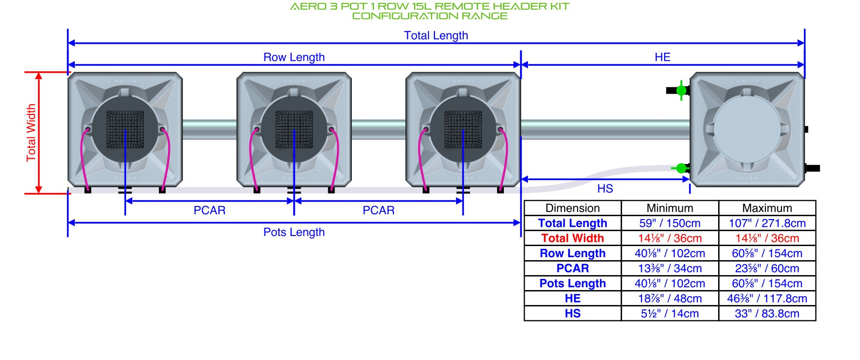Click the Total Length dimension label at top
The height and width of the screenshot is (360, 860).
click(x=436, y=36)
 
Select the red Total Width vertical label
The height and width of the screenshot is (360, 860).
click(x=31, y=133)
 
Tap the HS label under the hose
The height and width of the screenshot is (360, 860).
click(x=605, y=189)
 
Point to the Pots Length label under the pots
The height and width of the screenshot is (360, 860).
click(x=294, y=232)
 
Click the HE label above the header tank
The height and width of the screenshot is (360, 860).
click(x=663, y=57)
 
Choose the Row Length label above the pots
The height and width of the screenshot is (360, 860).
click(x=294, y=57)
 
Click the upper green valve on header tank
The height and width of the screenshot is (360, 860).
click(x=681, y=90)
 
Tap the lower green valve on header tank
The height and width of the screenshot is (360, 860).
click(x=680, y=168)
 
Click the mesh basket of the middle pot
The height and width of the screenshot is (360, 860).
click(x=294, y=129)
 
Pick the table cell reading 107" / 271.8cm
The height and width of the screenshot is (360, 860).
click(x=767, y=223)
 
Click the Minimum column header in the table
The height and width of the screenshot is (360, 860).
click(x=670, y=208)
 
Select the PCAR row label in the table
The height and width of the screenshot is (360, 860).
click(x=572, y=268)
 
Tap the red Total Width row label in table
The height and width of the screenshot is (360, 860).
click(x=572, y=238)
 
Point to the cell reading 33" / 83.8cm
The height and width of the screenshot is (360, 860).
click(x=767, y=314)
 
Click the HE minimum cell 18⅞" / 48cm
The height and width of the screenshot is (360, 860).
click(x=670, y=299)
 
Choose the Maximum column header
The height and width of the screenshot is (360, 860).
click(x=767, y=208)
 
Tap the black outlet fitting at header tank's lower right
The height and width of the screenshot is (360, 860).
click(x=812, y=168)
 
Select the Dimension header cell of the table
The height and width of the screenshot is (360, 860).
click(x=572, y=208)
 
